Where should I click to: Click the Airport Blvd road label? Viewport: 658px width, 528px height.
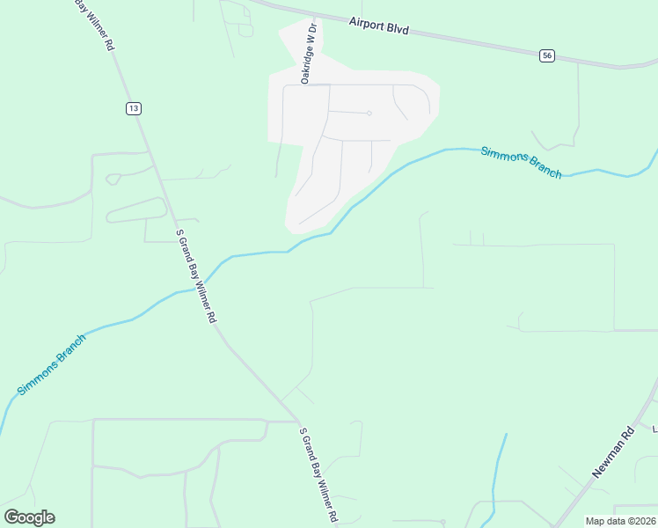379,27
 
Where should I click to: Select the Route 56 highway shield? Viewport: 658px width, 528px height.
547,55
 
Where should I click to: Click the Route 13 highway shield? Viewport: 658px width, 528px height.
133,107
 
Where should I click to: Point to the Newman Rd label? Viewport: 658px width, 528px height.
612,452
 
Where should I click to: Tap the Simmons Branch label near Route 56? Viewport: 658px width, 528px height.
521,163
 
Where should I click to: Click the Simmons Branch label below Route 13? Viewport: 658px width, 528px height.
52,363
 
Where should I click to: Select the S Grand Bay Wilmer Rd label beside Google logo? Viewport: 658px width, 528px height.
319,476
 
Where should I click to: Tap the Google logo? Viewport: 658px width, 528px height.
29,517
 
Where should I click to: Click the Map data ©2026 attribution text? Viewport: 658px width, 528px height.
619,521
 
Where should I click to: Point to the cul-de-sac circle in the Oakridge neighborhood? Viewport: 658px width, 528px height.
369,114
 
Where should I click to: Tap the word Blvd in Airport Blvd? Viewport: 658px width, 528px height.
398,28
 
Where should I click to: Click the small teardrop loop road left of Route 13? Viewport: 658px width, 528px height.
113,179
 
